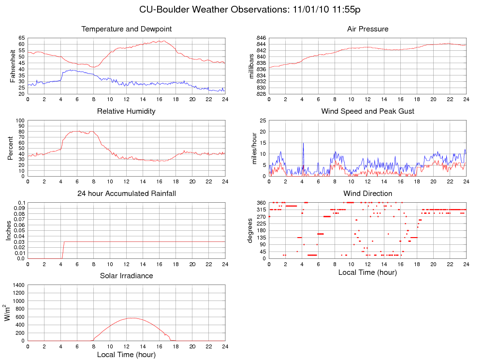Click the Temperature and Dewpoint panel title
click(127, 29)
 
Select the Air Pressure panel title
click(367, 29)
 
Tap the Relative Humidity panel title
click(126, 111)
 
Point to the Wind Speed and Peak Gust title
click(367, 111)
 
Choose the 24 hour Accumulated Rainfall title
click(127, 194)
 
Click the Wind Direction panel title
click(367, 194)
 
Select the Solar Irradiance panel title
click(127, 276)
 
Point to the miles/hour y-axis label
click(254, 148)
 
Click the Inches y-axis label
click(8, 230)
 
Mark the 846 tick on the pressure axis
click(261, 38)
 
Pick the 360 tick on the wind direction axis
click(261, 202)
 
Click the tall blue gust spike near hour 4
click(303, 143)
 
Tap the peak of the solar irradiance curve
click(132, 318)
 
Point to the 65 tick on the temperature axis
click(22, 38)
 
